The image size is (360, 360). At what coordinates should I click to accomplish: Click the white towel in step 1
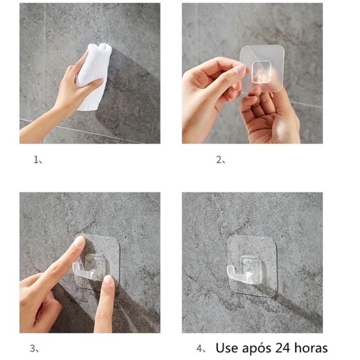(x=94, y=76)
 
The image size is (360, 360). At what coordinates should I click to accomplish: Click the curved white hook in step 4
(x=237, y=275)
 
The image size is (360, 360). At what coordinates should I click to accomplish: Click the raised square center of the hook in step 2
(x=261, y=72)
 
